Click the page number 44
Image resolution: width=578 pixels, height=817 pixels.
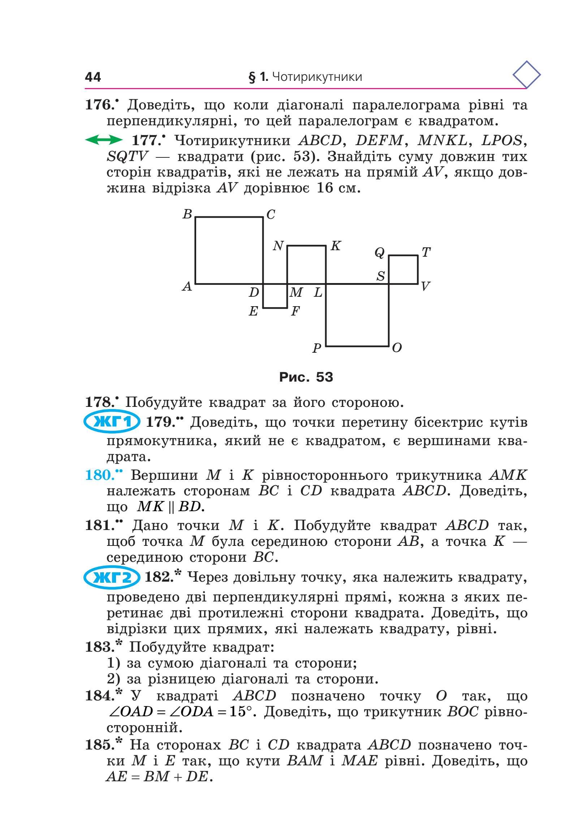(93, 77)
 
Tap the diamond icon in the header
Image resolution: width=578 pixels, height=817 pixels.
(526, 75)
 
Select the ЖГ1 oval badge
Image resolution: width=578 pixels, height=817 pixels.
(112, 422)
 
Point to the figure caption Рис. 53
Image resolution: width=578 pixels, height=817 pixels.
(306, 377)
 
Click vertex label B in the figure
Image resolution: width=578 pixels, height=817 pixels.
(187, 214)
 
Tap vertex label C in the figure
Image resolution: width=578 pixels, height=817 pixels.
(271, 215)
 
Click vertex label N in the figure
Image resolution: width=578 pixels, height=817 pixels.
(278, 246)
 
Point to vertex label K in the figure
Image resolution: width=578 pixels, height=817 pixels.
(336, 246)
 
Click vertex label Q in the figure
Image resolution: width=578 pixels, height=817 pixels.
(379, 253)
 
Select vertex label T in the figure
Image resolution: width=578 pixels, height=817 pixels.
(426, 252)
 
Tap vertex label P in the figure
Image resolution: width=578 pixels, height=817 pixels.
(317, 348)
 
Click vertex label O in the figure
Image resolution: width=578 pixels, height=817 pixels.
(397, 348)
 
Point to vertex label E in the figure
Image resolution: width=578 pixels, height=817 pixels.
(253, 311)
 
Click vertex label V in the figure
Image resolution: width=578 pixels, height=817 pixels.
(425, 287)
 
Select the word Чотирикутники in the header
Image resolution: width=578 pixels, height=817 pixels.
(316, 77)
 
